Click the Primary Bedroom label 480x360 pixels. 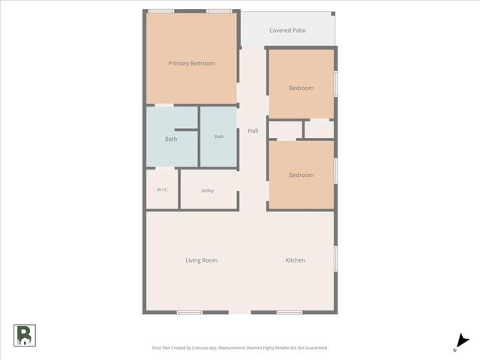[191, 63]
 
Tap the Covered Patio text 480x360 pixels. [287, 30]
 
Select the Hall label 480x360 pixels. [253, 130]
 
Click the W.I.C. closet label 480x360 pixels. [162, 190]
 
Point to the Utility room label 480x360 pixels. [208, 190]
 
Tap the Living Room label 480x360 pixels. [202, 260]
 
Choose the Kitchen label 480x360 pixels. [295, 260]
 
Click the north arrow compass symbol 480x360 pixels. [461, 342]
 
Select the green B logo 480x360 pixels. [25, 335]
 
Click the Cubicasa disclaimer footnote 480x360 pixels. [240, 348]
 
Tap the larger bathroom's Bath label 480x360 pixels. [171, 139]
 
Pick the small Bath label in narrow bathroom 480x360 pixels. [219, 136]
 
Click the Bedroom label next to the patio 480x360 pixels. [301, 88]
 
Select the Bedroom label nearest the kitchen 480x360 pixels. [301, 175]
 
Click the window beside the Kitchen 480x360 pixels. [336, 259]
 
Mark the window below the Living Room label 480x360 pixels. [190, 312]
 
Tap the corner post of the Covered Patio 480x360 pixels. [333, 13]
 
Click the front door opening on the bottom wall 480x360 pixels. [240, 312]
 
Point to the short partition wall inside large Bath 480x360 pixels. [186, 130]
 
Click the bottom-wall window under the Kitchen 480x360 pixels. [289, 312]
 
